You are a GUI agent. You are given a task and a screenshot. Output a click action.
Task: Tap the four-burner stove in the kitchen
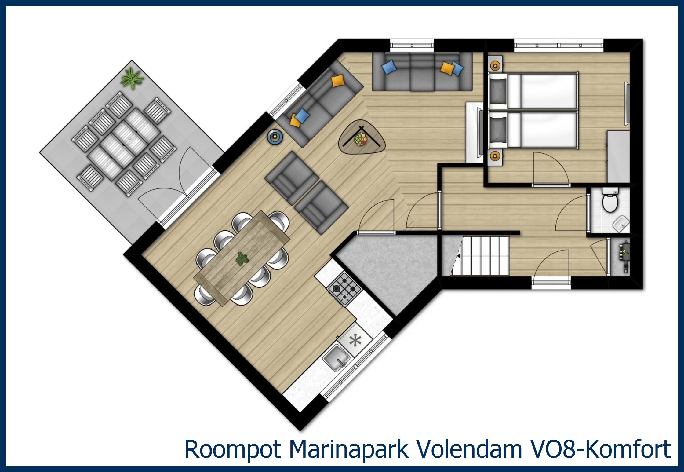point(344,288)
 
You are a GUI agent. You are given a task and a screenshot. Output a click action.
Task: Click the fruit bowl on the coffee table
point(361,139)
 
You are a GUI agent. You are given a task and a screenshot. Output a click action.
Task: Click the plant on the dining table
point(242,259)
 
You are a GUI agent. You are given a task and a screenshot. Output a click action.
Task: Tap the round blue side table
point(275,136)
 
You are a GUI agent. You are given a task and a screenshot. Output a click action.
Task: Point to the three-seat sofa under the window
point(422,72)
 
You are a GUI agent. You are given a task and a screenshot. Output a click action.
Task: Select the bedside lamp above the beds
point(495,65)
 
